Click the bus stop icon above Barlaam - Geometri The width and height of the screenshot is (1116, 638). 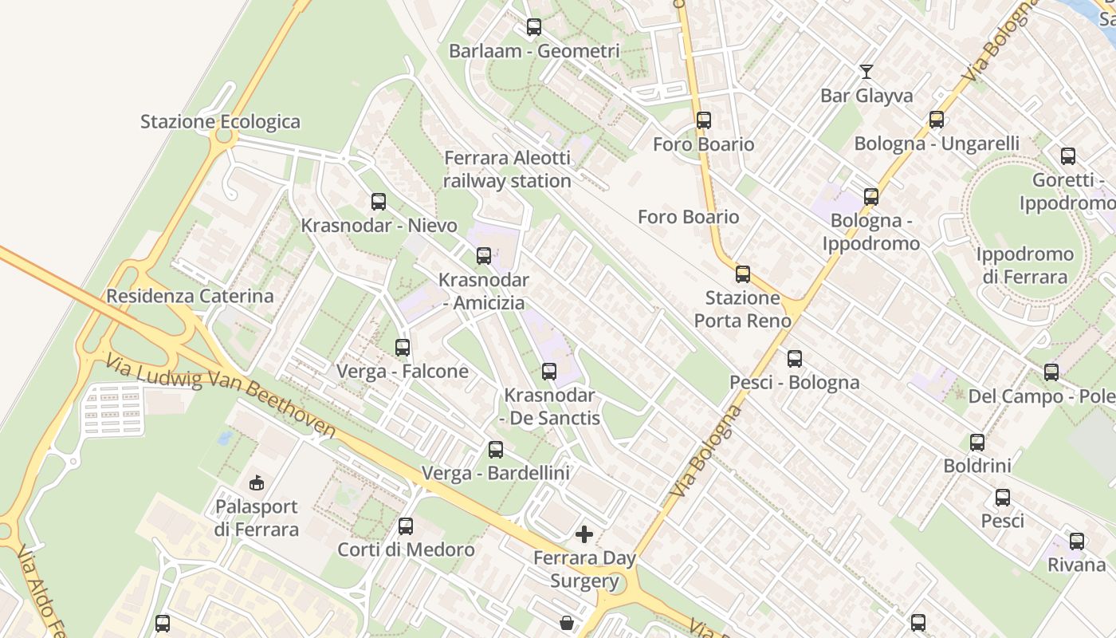(x=534, y=27)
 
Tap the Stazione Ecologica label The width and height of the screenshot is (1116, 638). (x=220, y=122)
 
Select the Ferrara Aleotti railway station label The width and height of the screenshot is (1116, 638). (x=507, y=170)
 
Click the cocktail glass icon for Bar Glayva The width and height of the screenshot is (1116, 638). (x=866, y=72)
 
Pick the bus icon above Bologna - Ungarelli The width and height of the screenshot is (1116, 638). (x=937, y=120)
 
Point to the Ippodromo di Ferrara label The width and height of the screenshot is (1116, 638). (x=1024, y=266)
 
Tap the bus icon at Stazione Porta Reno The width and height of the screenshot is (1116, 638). (x=743, y=274)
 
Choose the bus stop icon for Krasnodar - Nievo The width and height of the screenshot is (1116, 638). (x=379, y=202)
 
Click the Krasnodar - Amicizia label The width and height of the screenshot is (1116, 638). (x=484, y=292)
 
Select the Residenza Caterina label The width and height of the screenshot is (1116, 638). (x=190, y=296)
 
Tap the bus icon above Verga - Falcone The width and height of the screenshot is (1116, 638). (x=403, y=348)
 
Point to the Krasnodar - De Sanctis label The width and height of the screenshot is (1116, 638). (x=549, y=407)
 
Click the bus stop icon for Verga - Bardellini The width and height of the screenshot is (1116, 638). (x=496, y=450)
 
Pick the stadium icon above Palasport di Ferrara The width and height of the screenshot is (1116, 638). (x=257, y=482)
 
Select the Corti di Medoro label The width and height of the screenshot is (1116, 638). (x=406, y=549)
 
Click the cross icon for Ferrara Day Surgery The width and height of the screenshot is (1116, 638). (x=584, y=534)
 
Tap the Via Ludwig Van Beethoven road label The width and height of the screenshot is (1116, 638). (x=219, y=396)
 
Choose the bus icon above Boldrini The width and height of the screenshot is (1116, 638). (x=977, y=443)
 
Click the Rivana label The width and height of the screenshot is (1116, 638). (x=1076, y=565)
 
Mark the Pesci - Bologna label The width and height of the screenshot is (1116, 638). (x=795, y=383)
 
